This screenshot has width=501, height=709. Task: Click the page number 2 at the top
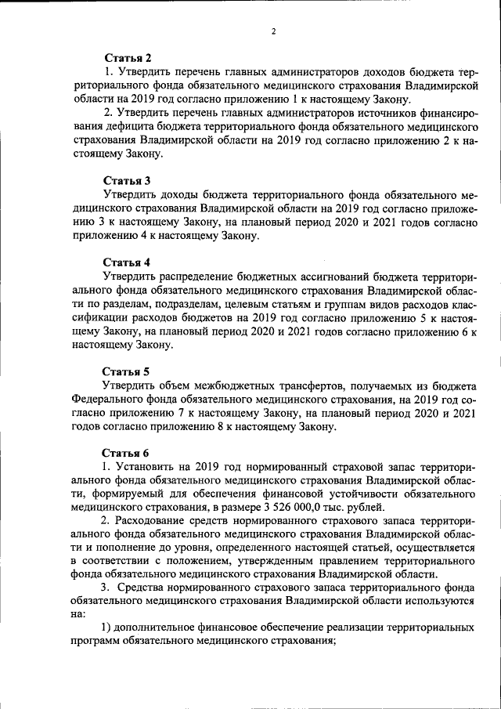273,31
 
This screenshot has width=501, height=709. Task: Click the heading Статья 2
127,57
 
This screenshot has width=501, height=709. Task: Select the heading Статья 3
127,181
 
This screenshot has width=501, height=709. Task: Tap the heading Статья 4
127,261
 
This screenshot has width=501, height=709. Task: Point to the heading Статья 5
127,371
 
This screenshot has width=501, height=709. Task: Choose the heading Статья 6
127,452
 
